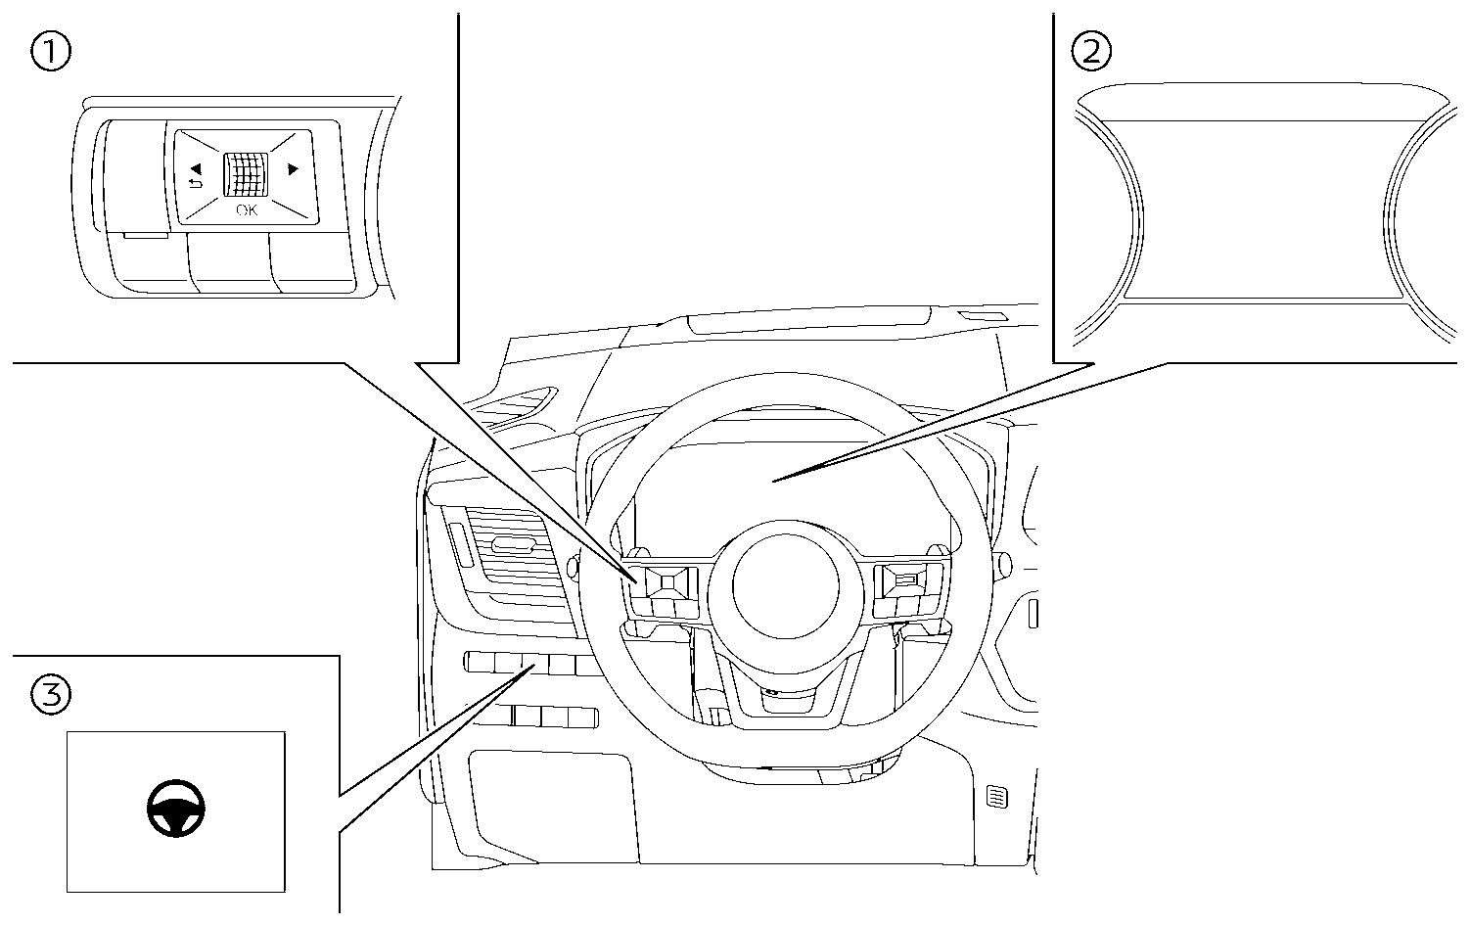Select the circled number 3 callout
point(51,696)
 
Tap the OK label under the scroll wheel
point(247,210)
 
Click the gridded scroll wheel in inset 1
point(244,177)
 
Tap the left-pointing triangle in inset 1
point(195,168)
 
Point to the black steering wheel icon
point(176,810)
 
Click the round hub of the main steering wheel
point(786,591)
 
